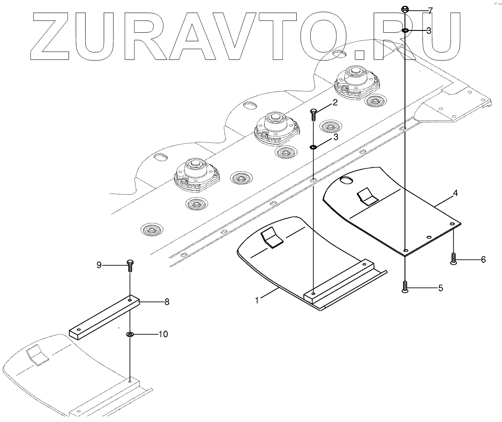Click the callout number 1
tap(257, 300)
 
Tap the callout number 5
tap(440, 288)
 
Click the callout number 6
tap(483, 259)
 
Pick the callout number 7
tap(430, 10)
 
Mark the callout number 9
tap(99, 265)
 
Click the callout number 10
tap(163, 334)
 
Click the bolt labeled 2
tap(314, 114)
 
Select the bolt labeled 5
tap(405, 286)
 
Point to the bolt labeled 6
tap(453, 259)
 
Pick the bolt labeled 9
tap(130, 265)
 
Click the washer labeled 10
tap(130, 334)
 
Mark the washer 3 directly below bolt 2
tap(313, 148)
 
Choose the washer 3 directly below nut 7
tap(405, 31)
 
